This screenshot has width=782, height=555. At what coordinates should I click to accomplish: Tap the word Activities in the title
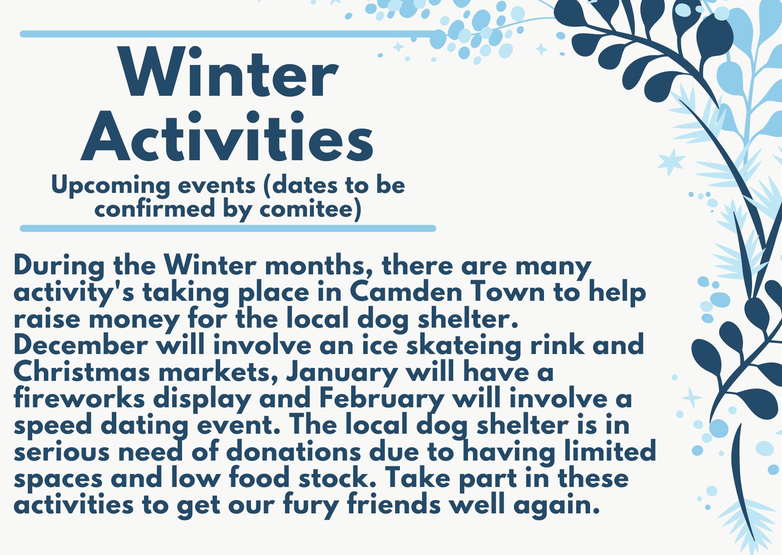(227, 136)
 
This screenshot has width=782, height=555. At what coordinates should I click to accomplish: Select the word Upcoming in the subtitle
(110, 186)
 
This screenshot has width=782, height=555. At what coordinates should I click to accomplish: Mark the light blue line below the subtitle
(228, 229)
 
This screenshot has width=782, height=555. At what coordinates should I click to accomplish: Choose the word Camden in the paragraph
(406, 292)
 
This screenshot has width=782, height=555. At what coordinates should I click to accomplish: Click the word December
(81, 345)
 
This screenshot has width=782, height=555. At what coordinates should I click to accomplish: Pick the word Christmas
(82, 372)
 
